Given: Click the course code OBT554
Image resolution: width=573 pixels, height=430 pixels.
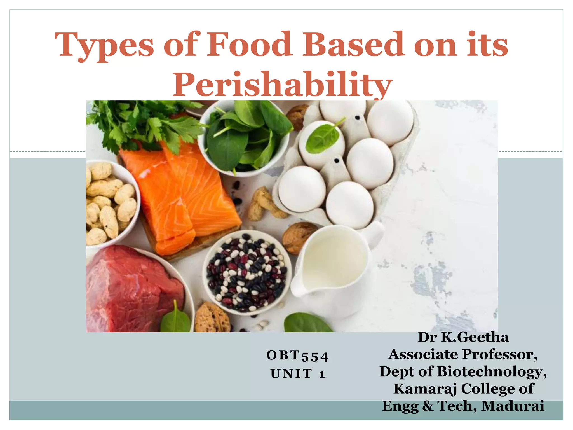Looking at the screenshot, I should (297, 356).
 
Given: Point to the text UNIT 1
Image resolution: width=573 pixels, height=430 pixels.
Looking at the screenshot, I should (298, 373).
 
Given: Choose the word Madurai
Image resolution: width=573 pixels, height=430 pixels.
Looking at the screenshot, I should (513, 406).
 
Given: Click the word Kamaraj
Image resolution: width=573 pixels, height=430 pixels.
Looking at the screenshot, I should (425, 389).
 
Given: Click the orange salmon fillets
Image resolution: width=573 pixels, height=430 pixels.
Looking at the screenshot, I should (179, 196).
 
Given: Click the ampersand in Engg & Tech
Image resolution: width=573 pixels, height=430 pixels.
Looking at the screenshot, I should (428, 406).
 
